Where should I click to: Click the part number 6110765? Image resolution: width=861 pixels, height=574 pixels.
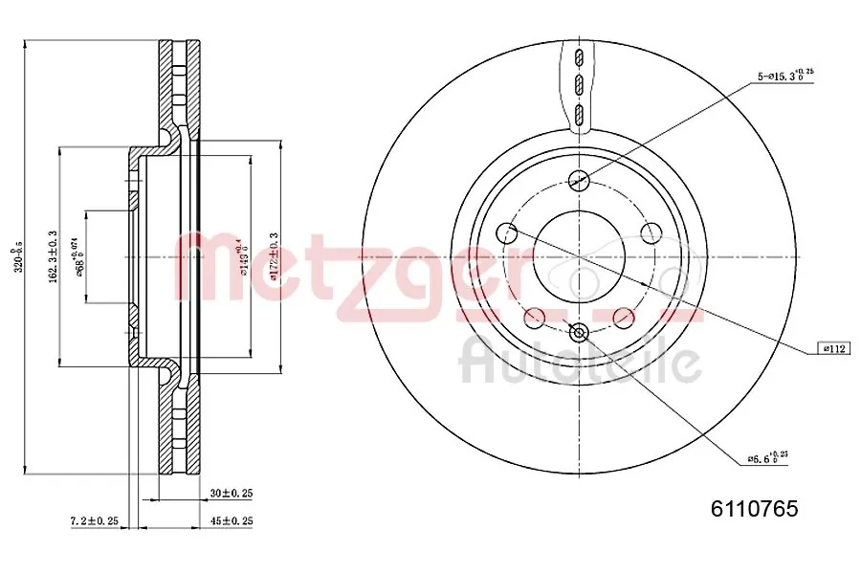pos(753,509)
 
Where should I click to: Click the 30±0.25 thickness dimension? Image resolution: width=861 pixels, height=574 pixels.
pos(231,493)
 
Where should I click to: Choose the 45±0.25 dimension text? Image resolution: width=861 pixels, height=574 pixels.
pos(231,520)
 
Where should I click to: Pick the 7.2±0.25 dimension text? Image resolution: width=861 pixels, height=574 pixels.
pos(94,520)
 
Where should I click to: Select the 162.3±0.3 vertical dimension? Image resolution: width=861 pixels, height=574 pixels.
pos(52,256)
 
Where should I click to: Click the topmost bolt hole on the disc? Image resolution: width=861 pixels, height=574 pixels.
pos(578,179)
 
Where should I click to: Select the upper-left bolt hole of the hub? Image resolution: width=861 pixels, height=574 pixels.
pos(507,232)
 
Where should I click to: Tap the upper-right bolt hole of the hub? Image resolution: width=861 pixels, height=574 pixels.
pos(651,232)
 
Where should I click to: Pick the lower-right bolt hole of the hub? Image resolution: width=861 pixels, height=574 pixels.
pos(623,317)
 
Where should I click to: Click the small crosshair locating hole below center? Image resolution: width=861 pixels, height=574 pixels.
pos(578,332)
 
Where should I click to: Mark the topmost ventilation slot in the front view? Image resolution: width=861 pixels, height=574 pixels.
pos(578,55)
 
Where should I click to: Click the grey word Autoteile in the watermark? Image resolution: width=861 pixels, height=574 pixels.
pos(581,362)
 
